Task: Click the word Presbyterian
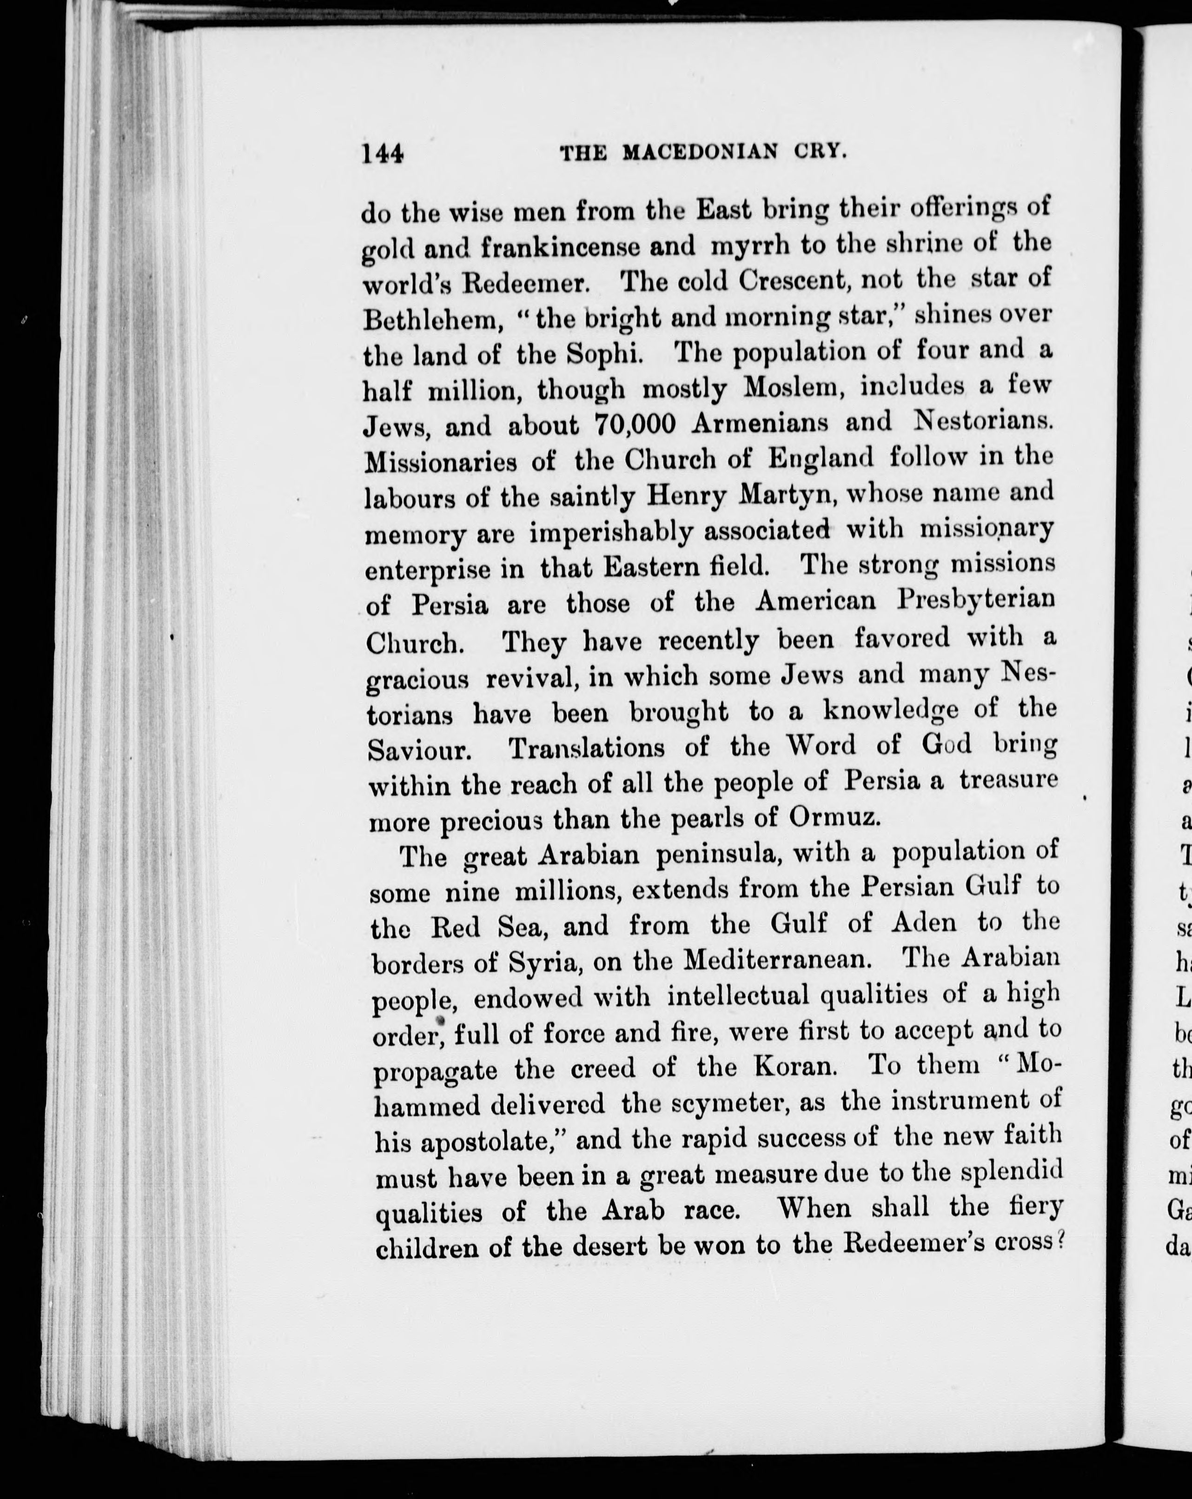pyautogui.click(x=975, y=600)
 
